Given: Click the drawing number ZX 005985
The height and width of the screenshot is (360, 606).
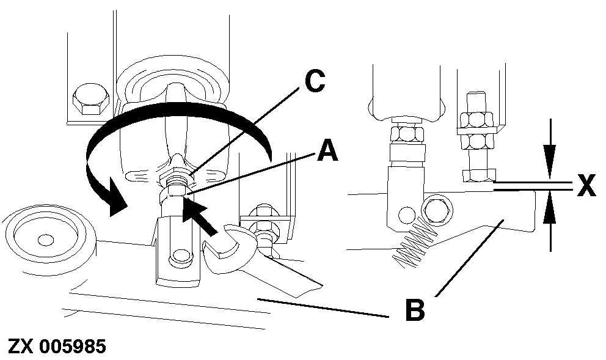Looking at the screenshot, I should pos(57,347).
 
